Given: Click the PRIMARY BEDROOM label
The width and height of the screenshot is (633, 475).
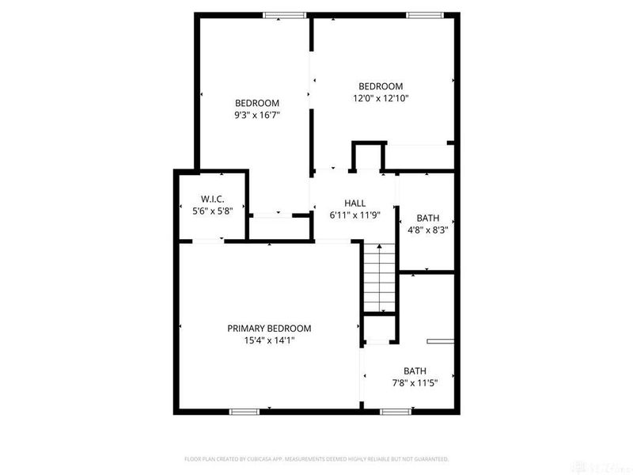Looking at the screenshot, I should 269,329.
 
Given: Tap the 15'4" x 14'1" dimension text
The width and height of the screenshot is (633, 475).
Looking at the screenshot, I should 269,341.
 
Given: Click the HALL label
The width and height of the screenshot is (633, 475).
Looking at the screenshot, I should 354,203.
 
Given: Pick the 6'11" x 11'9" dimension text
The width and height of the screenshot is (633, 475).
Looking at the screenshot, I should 354,215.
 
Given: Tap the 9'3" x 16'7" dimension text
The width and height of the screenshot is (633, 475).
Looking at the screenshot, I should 257,115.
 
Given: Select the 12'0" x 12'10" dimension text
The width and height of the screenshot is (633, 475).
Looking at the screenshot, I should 381,99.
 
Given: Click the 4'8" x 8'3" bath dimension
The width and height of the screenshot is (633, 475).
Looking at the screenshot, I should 427,231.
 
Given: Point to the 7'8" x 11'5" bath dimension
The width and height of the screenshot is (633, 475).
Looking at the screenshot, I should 415,383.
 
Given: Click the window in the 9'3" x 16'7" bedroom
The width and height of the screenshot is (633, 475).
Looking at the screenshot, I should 285,14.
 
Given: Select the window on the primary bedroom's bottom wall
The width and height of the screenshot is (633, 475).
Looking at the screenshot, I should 244,412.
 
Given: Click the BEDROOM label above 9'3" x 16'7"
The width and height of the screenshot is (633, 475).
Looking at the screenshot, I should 257,103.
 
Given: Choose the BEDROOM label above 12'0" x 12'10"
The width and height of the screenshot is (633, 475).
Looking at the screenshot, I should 381,86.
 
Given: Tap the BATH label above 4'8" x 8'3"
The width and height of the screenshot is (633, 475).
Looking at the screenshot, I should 427,218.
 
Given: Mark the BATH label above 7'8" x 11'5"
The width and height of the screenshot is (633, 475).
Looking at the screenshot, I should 415,370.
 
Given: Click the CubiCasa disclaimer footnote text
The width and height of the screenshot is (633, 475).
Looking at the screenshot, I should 316,458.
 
